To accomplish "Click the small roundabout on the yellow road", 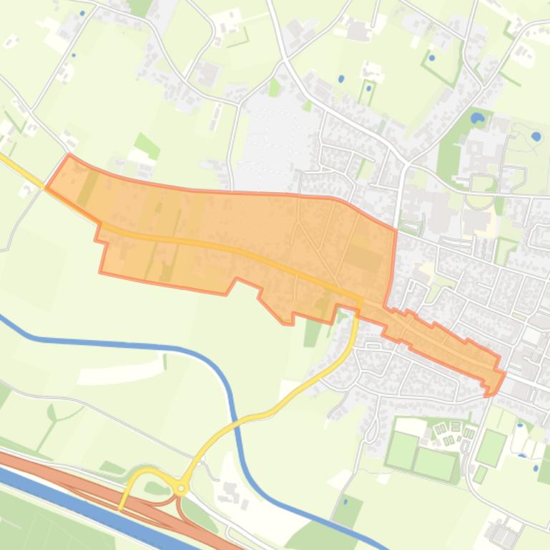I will tap(182, 489).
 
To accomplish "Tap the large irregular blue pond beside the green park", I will tap(477, 117).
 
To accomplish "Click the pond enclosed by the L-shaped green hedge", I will tap(432, 58).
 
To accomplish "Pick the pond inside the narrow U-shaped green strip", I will tap(369, 90).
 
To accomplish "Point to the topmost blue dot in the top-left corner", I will tap(83, 13).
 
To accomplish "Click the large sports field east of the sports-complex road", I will tap(491, 446).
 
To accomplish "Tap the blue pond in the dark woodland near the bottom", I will tap(346, 501).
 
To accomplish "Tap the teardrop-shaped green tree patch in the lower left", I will tap(51, 412).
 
